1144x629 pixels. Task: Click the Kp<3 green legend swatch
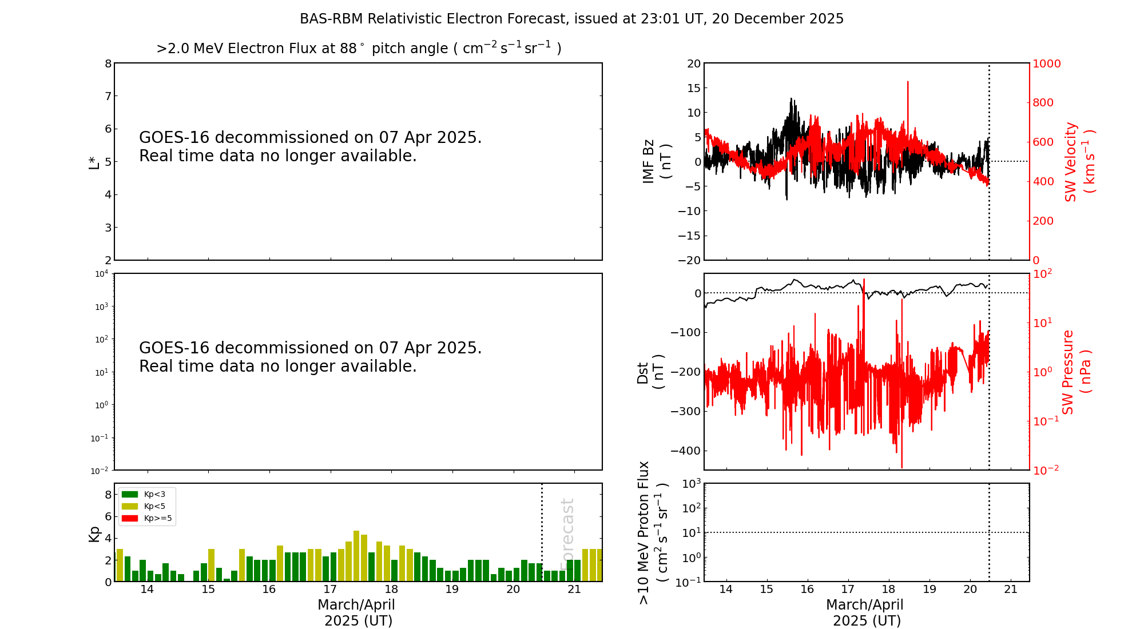click(130, 494)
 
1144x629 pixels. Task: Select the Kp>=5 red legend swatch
click(130, 519)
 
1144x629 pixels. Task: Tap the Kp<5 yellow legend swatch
click(130, 506)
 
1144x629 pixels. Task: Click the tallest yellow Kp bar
click(356, 556)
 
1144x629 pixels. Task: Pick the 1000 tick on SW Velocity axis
click(1046, 63)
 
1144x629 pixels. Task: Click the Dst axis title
click(650, 372)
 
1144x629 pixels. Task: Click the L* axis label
click(94, 162)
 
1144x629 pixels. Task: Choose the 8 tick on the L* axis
click(108, 63)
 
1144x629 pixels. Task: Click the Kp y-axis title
click(94, 534)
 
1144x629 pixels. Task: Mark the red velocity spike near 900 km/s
click(907, 83)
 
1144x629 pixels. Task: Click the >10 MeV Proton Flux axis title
click(653, 532)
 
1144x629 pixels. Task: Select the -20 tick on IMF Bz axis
click(689, 260)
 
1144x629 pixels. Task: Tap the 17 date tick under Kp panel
click(330, 590)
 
